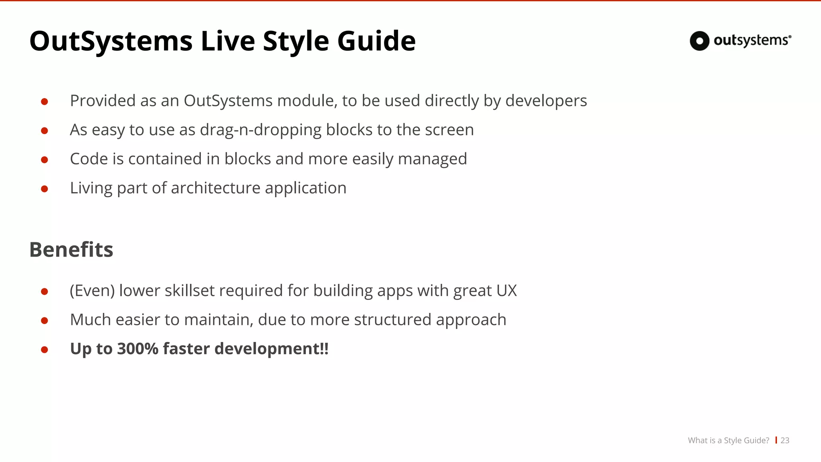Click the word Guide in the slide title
376,41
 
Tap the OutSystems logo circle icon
700,41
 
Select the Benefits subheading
71,249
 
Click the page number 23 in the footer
785,440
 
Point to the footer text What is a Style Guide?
728,440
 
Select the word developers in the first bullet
546,101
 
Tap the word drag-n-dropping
261,130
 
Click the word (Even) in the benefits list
93,291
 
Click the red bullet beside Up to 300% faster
44,350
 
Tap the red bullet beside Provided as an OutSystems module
44,102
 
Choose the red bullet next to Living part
44,189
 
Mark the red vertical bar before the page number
776,440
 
